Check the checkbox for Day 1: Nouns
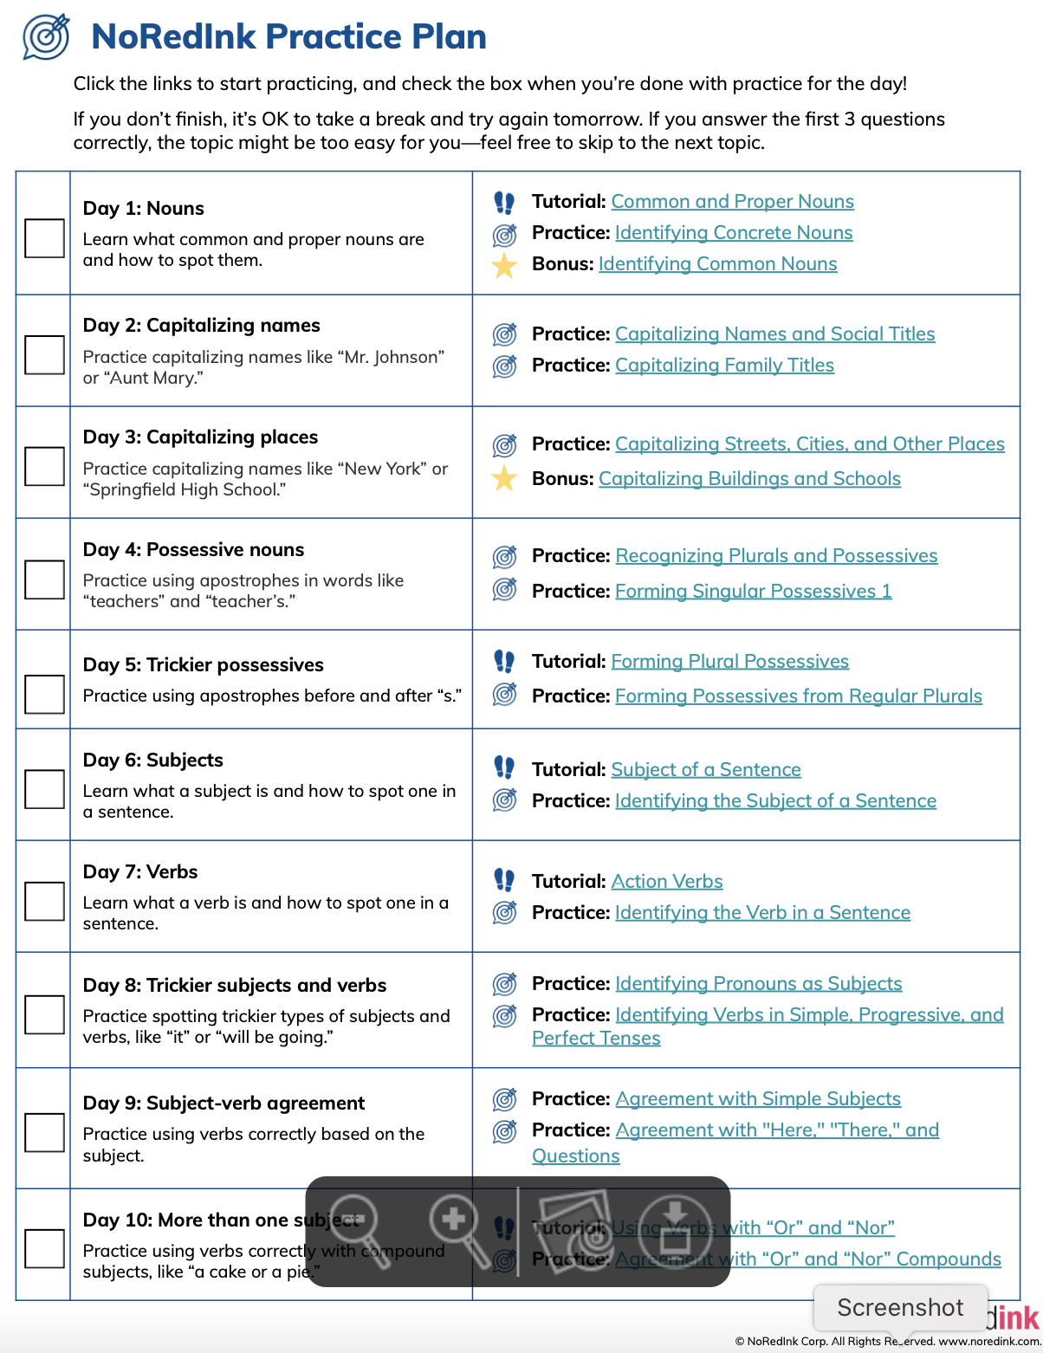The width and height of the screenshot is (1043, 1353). [44, 238]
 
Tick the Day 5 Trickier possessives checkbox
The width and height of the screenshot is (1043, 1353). [44, 694]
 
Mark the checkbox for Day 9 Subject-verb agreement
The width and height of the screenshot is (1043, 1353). [44, 1132]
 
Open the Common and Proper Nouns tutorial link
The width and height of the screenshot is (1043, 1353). [732, 202]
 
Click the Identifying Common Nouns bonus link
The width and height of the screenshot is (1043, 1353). [717, 264]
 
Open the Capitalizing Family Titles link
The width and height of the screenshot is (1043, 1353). [724, 366]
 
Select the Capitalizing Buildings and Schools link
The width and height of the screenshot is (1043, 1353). [749, 479]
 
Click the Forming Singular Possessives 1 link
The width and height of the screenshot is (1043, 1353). [753, 592]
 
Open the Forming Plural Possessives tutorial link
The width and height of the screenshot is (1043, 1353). [729, 662]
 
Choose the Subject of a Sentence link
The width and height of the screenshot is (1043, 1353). [705, 770]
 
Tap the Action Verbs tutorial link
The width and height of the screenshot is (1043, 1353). [666, 882]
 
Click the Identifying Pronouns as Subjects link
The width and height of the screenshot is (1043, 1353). [758, 984]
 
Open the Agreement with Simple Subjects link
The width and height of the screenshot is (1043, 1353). [758, 1099]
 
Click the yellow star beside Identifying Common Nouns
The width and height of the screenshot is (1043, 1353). [504, 265]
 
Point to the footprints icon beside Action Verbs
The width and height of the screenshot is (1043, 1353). [504, 881]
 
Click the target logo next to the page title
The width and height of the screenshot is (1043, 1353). [47, 37]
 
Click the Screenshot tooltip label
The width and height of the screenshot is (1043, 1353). [900, 1307]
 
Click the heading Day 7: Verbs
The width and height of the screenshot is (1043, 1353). [140, 872]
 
